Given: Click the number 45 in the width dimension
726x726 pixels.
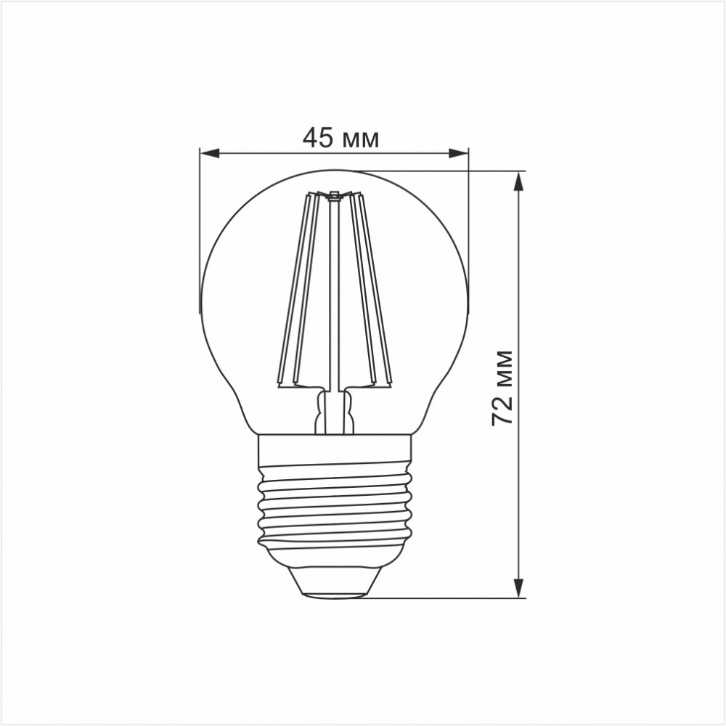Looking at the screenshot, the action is [317, 137].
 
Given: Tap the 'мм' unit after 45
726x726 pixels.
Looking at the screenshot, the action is [361, 139].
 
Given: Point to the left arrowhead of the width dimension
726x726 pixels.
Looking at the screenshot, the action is [209, 153].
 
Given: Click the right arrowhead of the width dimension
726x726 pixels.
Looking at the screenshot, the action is [458, 153].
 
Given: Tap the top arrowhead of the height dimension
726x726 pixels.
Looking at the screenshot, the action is [519, 181].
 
